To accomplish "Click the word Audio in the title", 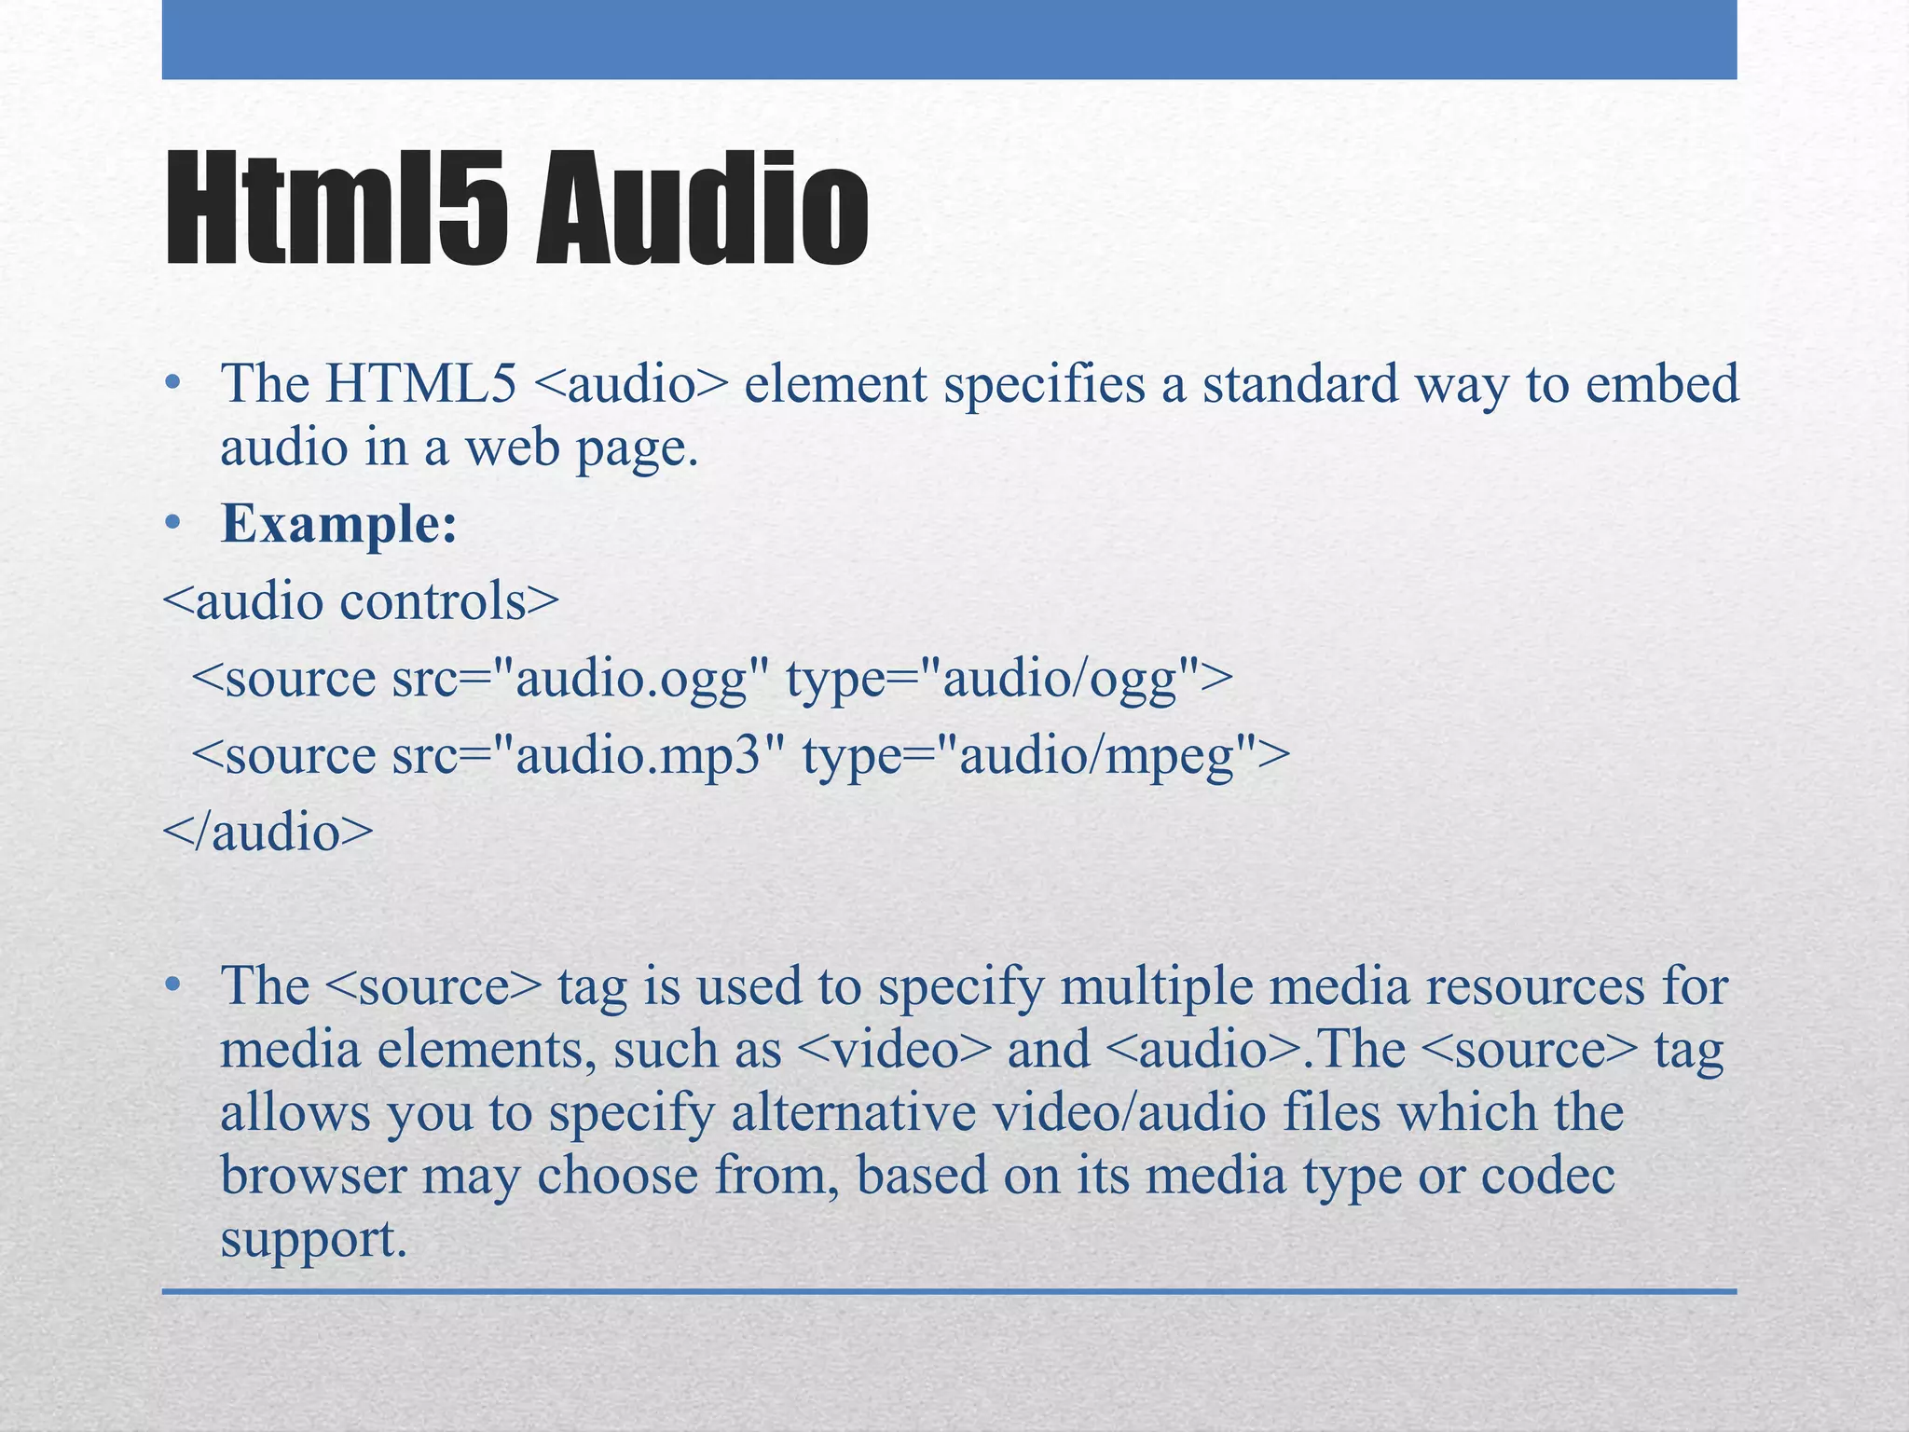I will click(x=702, y=212).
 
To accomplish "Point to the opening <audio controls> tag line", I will click(x=361, y=601).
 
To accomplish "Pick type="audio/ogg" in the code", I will click(x=1009, y=678).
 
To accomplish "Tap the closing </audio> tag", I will click(x=268, y=832).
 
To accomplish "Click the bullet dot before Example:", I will click(x=172, y=525).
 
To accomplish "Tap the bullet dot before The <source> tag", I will click(x=172, y=986).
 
